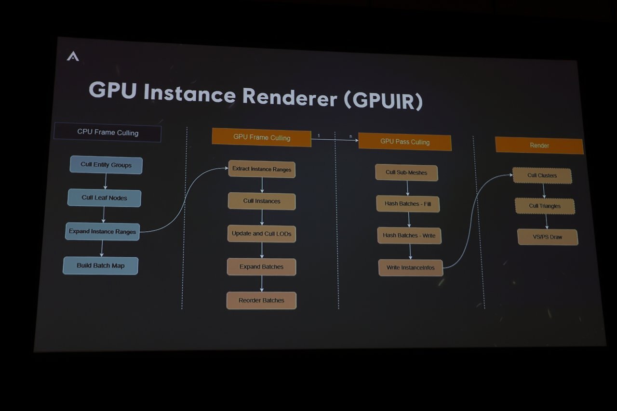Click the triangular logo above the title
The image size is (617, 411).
click(x=73, y=56)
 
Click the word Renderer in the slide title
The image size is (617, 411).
click(x=290, y=96)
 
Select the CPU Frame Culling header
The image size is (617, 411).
click(x=107, y=133)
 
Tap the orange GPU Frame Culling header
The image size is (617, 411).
click(x=261, y=137)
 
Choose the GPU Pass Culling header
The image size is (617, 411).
click(x=404, y=142)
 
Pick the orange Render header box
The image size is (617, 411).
click(x=539, y=146)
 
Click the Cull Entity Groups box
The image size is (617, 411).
click(x=106, y=165)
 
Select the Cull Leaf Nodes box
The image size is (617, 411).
click(x=104, y=198)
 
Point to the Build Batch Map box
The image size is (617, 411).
click(x=101, y=265)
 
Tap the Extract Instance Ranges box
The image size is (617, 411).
click(x=262, y=169)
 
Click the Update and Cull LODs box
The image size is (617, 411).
click(x=261, y=234)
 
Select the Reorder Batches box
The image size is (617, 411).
click(x=261, y=300)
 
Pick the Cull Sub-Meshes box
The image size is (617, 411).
click(x=406, y=172)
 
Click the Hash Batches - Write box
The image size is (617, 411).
click(x=409, y=235)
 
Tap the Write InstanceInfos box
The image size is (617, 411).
click(x=410, y=267)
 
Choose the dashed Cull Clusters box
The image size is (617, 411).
click(x=542, y=176)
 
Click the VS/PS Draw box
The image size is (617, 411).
click(x=547, y=237)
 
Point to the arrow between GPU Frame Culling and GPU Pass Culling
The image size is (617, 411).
click(x=335, y=140)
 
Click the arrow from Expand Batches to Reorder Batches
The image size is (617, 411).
click(x=262, y=283)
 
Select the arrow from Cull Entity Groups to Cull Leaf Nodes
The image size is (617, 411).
click(x=106, y=181)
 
